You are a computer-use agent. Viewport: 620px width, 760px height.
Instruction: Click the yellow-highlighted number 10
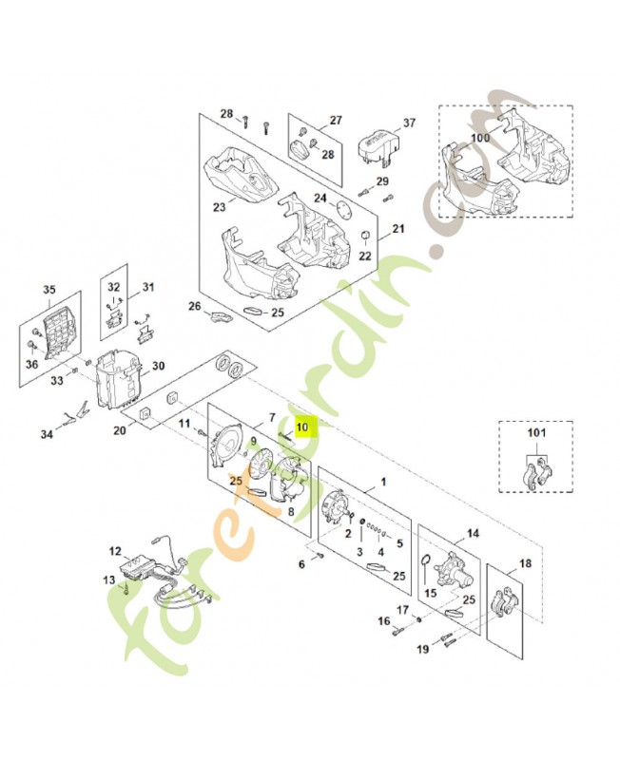tap(301, 427)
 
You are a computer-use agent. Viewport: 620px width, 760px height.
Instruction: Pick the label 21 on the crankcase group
tap(398, 229)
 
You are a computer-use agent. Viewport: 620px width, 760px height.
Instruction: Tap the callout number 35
tap(49, 290)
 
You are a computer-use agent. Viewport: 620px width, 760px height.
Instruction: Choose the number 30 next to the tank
tap(158, 366)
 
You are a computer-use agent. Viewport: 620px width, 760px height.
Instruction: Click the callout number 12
tap(115, 550)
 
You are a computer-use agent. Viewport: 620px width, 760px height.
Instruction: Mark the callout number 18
tap(525, 563)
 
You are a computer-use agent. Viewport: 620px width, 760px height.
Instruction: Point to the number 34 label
tap(47, 436)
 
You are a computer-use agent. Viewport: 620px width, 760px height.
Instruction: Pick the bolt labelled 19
tap(448, 646)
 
